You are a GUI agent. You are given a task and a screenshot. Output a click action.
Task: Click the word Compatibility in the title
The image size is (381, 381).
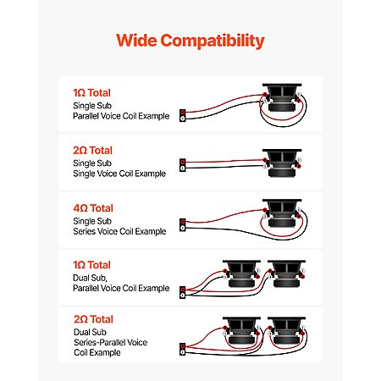(213, 41)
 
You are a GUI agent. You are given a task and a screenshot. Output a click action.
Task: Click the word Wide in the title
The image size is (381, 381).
(136, 40)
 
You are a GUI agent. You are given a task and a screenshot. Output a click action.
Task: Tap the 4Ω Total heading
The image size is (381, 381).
(93, 208)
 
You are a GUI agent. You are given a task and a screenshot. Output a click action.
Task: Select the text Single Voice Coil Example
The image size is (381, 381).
(119, 174)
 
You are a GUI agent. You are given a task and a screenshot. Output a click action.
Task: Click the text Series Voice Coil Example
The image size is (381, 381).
(119, 231)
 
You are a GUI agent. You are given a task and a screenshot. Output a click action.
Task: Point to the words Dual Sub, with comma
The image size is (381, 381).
(90, 278)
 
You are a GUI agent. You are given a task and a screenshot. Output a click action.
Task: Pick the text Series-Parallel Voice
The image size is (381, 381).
(111, 342)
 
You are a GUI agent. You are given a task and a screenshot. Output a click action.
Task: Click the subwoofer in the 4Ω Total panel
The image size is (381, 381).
(282, 213)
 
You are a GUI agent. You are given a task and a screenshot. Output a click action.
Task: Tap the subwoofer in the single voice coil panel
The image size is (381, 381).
(282, 163)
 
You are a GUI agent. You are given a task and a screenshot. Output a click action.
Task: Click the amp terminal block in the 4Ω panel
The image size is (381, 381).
(183, 224)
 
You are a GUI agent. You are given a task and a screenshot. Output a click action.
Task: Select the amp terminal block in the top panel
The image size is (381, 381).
(183, 115)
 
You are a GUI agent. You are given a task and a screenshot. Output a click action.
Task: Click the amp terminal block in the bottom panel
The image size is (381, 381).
(183, 349)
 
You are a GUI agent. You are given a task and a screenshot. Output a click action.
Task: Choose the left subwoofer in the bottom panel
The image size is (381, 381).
(241, 330)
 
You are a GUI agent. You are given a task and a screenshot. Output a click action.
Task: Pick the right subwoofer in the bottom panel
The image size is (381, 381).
(287, 330)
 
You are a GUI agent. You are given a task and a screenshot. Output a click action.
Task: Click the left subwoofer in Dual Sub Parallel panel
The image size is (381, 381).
(241, 273)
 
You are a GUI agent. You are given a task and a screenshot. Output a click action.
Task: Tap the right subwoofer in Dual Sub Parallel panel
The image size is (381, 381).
(287, 273)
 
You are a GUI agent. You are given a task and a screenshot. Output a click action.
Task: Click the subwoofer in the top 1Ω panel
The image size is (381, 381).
(282, 97)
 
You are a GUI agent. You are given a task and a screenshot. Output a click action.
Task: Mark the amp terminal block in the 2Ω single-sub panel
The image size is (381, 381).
(183, 165)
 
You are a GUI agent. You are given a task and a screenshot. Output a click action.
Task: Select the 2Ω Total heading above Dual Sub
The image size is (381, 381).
(93, 319)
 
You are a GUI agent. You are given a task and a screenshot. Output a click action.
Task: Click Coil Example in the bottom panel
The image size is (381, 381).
(97, 352)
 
